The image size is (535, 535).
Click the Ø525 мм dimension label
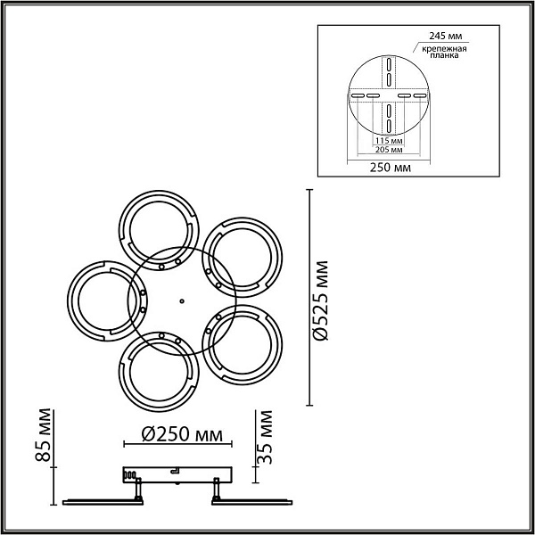point(320,301)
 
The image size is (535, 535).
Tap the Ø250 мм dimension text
point(182,434)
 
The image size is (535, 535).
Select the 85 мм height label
point(44,435)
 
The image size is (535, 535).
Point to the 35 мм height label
point(265,437)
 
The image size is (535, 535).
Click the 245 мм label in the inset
point(445,36)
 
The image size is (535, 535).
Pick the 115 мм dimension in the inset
point(389,141)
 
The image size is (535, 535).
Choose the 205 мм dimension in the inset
point(389,150)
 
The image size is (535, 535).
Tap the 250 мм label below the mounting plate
point(391,168)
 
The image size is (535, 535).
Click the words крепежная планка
point(444,52)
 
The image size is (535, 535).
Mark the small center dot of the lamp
point(182,301)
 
